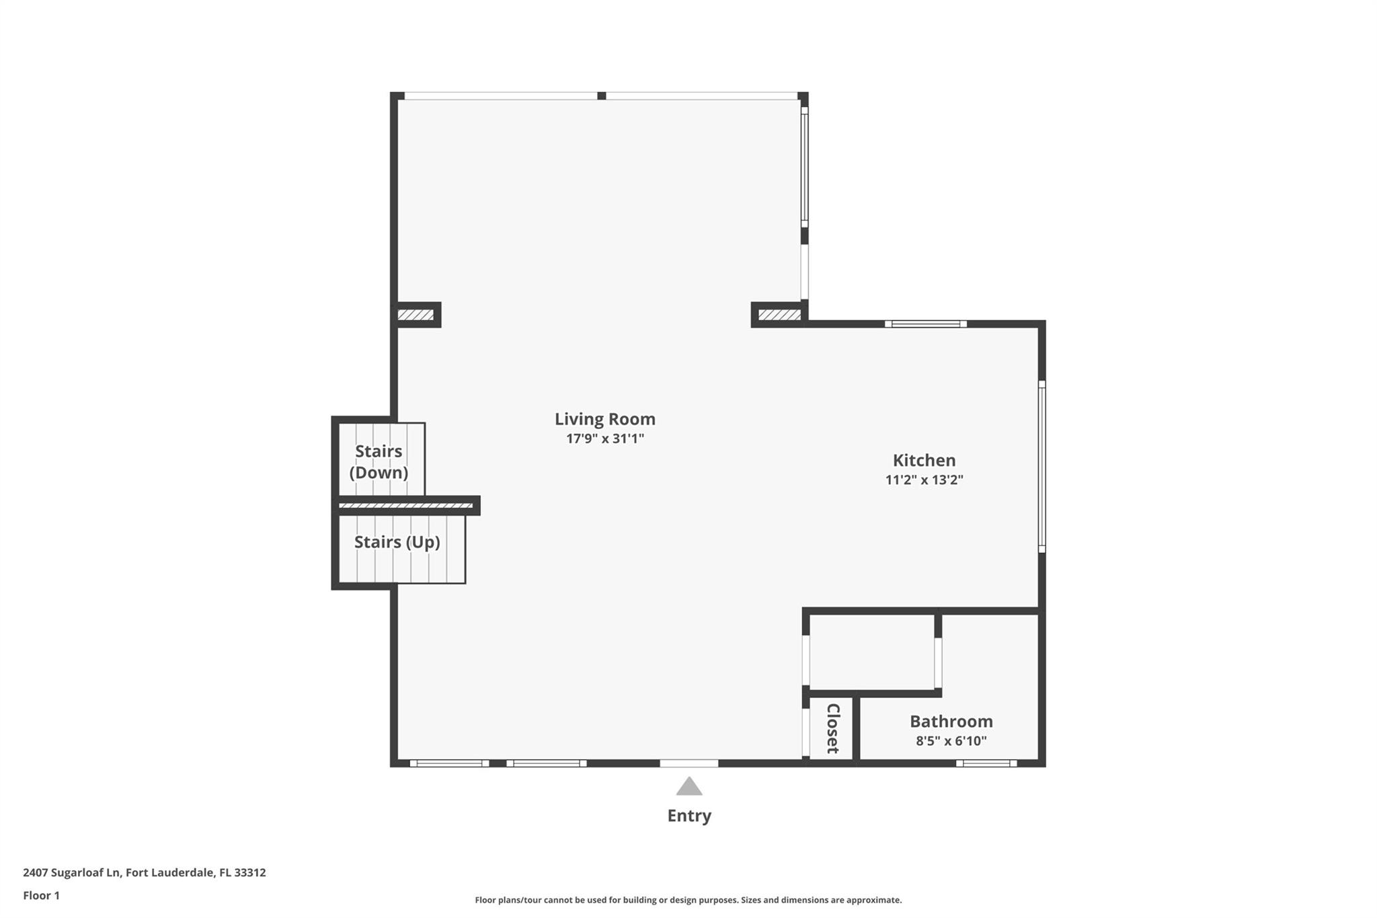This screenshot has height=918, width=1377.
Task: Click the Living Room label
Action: coord(604,419)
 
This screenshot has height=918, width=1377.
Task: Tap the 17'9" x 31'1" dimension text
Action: coord(605,439)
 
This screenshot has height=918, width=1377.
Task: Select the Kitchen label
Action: coord(924,461)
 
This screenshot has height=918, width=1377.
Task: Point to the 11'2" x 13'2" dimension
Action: coord(924,480)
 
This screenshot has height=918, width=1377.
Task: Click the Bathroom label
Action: coord(951,722)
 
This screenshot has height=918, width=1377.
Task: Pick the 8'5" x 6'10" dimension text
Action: coord(951,741)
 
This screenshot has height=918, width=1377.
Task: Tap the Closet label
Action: coord(832,728)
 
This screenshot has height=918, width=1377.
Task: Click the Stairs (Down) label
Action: coord(379,462)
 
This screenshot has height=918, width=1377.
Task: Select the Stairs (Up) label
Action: coord(397,542)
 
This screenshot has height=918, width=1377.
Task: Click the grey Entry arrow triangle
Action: coord(689,786)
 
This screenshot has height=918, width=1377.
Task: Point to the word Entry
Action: coord(689,816)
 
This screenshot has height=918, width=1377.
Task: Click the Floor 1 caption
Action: coord(42,895)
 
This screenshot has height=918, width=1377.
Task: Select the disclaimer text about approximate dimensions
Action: coord(688,900)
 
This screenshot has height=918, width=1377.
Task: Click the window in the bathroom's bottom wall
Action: coord(986,763)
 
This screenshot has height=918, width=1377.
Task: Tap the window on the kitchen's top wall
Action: coord(926,324)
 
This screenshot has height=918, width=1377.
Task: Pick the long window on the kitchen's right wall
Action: coord(1042,467)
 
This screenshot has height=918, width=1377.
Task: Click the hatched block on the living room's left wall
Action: coord(416,315)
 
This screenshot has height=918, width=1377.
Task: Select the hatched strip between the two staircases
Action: coord(405,505)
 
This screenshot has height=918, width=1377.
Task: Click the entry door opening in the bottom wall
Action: coord(689,763)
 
